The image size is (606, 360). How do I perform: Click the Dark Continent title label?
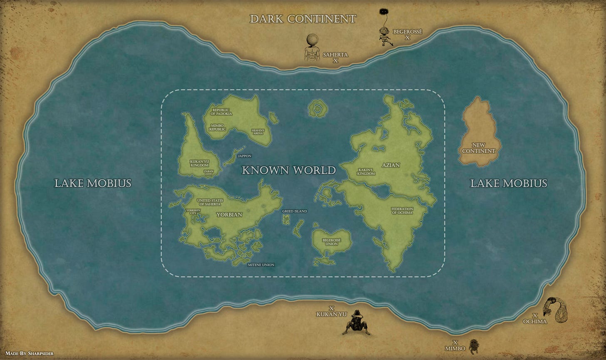tap(303, 19)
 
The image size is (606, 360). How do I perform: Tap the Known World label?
tap(289, 170)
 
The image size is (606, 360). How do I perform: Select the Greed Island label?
tap(294, 211)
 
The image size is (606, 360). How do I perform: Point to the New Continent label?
tap(479, 148)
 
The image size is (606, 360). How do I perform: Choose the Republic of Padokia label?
tap(221, 112)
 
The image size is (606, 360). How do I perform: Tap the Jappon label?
tap(244, 156)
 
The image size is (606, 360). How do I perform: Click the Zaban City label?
tap(208, 173)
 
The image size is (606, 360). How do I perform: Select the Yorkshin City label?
tap(193, 212)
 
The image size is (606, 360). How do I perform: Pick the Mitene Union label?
tap(261, 265)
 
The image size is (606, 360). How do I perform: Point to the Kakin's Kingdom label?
tap(366, 172)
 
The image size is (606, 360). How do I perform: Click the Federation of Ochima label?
tap(402, 211)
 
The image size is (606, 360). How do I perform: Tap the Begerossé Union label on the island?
tap(332, 242)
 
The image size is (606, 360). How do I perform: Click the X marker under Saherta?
tap(335, 61)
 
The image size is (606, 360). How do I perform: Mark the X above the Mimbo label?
tap(455, 343)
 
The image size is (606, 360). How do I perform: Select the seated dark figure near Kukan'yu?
tap(356, 323)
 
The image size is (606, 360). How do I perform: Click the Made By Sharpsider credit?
tap(29, 353)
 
